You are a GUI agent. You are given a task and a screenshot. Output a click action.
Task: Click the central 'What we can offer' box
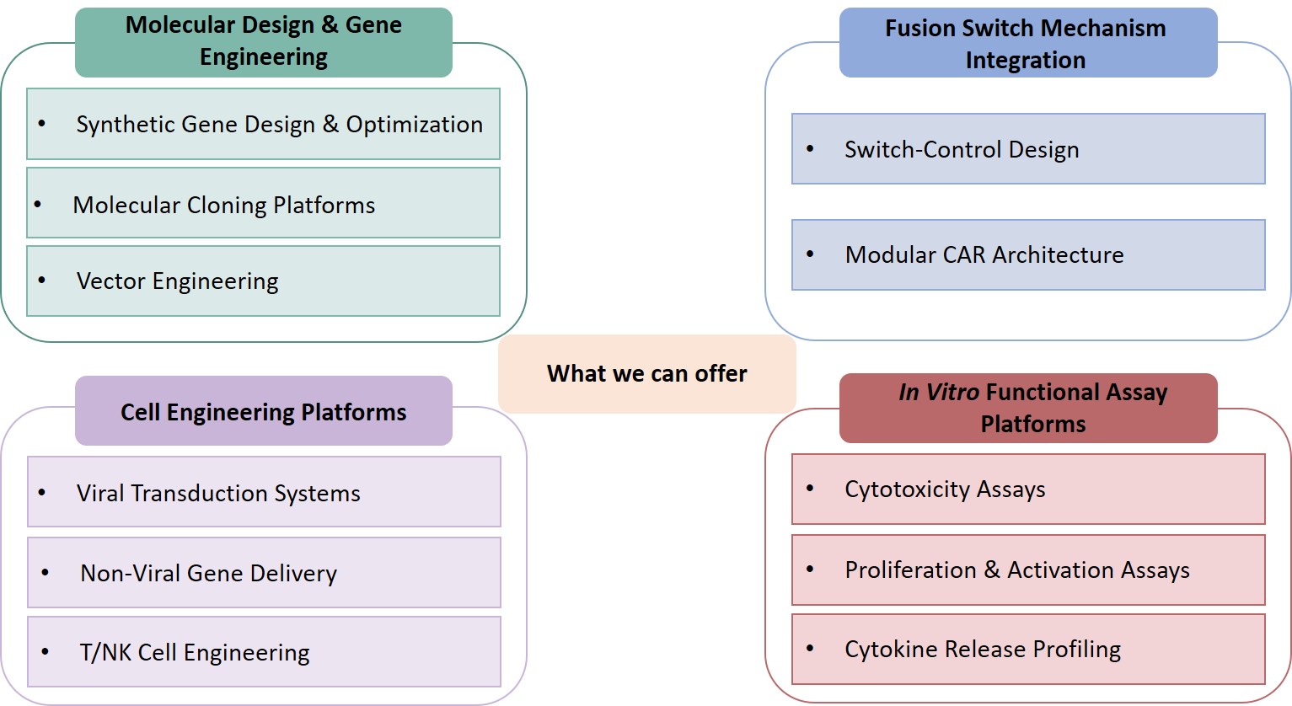646,373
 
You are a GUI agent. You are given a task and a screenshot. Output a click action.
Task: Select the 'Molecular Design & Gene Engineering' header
263,41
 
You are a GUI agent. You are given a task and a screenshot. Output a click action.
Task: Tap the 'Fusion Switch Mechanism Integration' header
1027,44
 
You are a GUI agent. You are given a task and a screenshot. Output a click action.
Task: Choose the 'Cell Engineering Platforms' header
263,411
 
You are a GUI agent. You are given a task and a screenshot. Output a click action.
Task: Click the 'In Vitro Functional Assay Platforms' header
1027,408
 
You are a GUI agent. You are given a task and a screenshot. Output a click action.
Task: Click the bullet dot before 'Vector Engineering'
42,280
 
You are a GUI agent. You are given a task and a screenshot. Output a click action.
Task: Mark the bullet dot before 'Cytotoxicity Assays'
810,488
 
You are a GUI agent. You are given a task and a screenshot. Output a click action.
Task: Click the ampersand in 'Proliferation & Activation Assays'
992,570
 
